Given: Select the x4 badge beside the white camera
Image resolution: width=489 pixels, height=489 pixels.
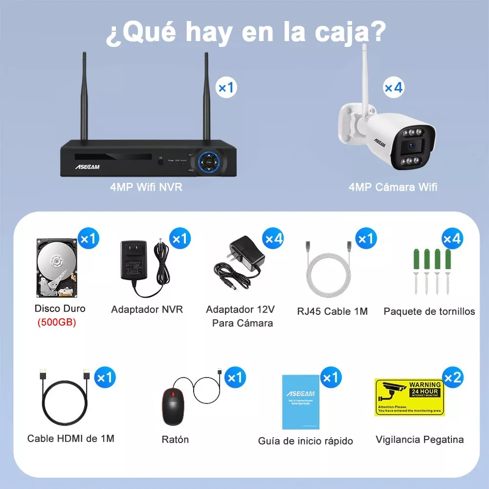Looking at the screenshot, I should pyautogui.click(x=393, y=88).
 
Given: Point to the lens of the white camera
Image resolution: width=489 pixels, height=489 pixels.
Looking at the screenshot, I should pyautogui.click(x=410, y=146).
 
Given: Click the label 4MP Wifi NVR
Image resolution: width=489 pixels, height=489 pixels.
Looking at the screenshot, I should pyautogui.click(x=146, y=187).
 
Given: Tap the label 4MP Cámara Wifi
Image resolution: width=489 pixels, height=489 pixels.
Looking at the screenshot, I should pyautogui.click(x=393, y=187).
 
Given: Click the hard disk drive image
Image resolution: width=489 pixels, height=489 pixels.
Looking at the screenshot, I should pyautogui.click(x=57, y=268).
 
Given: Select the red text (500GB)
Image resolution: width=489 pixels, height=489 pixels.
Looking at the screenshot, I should pyautogui.click(x=57, y=323).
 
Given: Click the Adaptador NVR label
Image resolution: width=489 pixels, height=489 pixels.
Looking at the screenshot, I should pyautogui.click(x=147, y=310).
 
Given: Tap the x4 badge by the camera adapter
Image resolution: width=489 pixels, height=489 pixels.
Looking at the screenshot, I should pyautogui.click(x=273, y=239).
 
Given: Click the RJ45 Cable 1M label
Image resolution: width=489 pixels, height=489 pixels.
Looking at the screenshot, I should pyautogui.click(x=332, y=311).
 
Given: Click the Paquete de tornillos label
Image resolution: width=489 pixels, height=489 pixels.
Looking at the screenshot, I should pyautogui.click(x=429, y=311).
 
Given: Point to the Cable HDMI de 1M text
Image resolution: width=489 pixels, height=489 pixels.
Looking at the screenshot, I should pyautogui.click(x=71, y=439).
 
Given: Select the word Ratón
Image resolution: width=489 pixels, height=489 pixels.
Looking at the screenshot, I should pyautogui.click(x=175, y=440).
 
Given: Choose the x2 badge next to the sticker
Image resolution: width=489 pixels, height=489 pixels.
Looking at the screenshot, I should pyautogui.click(x=452, y=377).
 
